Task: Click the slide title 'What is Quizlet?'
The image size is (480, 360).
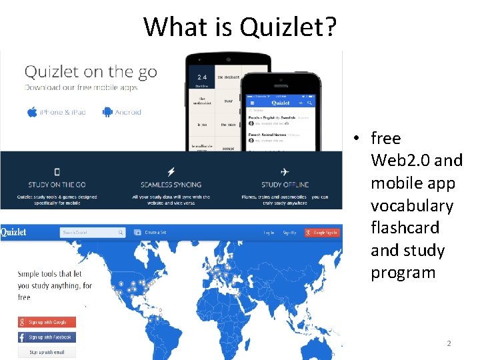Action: (240, 27)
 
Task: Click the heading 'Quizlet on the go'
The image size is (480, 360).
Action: (91, 73)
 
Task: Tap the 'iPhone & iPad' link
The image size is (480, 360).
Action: (57, 112)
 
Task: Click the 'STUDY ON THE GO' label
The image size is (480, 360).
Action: (57, 185)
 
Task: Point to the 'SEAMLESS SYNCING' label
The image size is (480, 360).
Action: (171, 185)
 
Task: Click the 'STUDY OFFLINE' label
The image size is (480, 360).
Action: (285, 185)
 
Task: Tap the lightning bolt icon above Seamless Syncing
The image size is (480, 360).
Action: (171, 171)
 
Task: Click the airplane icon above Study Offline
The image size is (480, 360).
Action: (285, 171)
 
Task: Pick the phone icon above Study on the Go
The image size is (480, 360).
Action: (57, 171)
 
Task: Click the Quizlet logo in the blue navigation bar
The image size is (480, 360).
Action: (14, 233)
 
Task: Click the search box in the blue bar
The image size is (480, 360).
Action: (92, 233)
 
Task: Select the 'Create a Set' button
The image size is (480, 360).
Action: (151, 233)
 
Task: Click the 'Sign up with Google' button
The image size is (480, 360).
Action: (47, 322)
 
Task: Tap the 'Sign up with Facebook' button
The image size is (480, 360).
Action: (47, 337)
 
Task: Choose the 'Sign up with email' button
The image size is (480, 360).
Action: (47, 352)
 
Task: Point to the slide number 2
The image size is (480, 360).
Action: (449, 343)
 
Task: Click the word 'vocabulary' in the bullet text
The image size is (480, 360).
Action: (411, 205)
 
